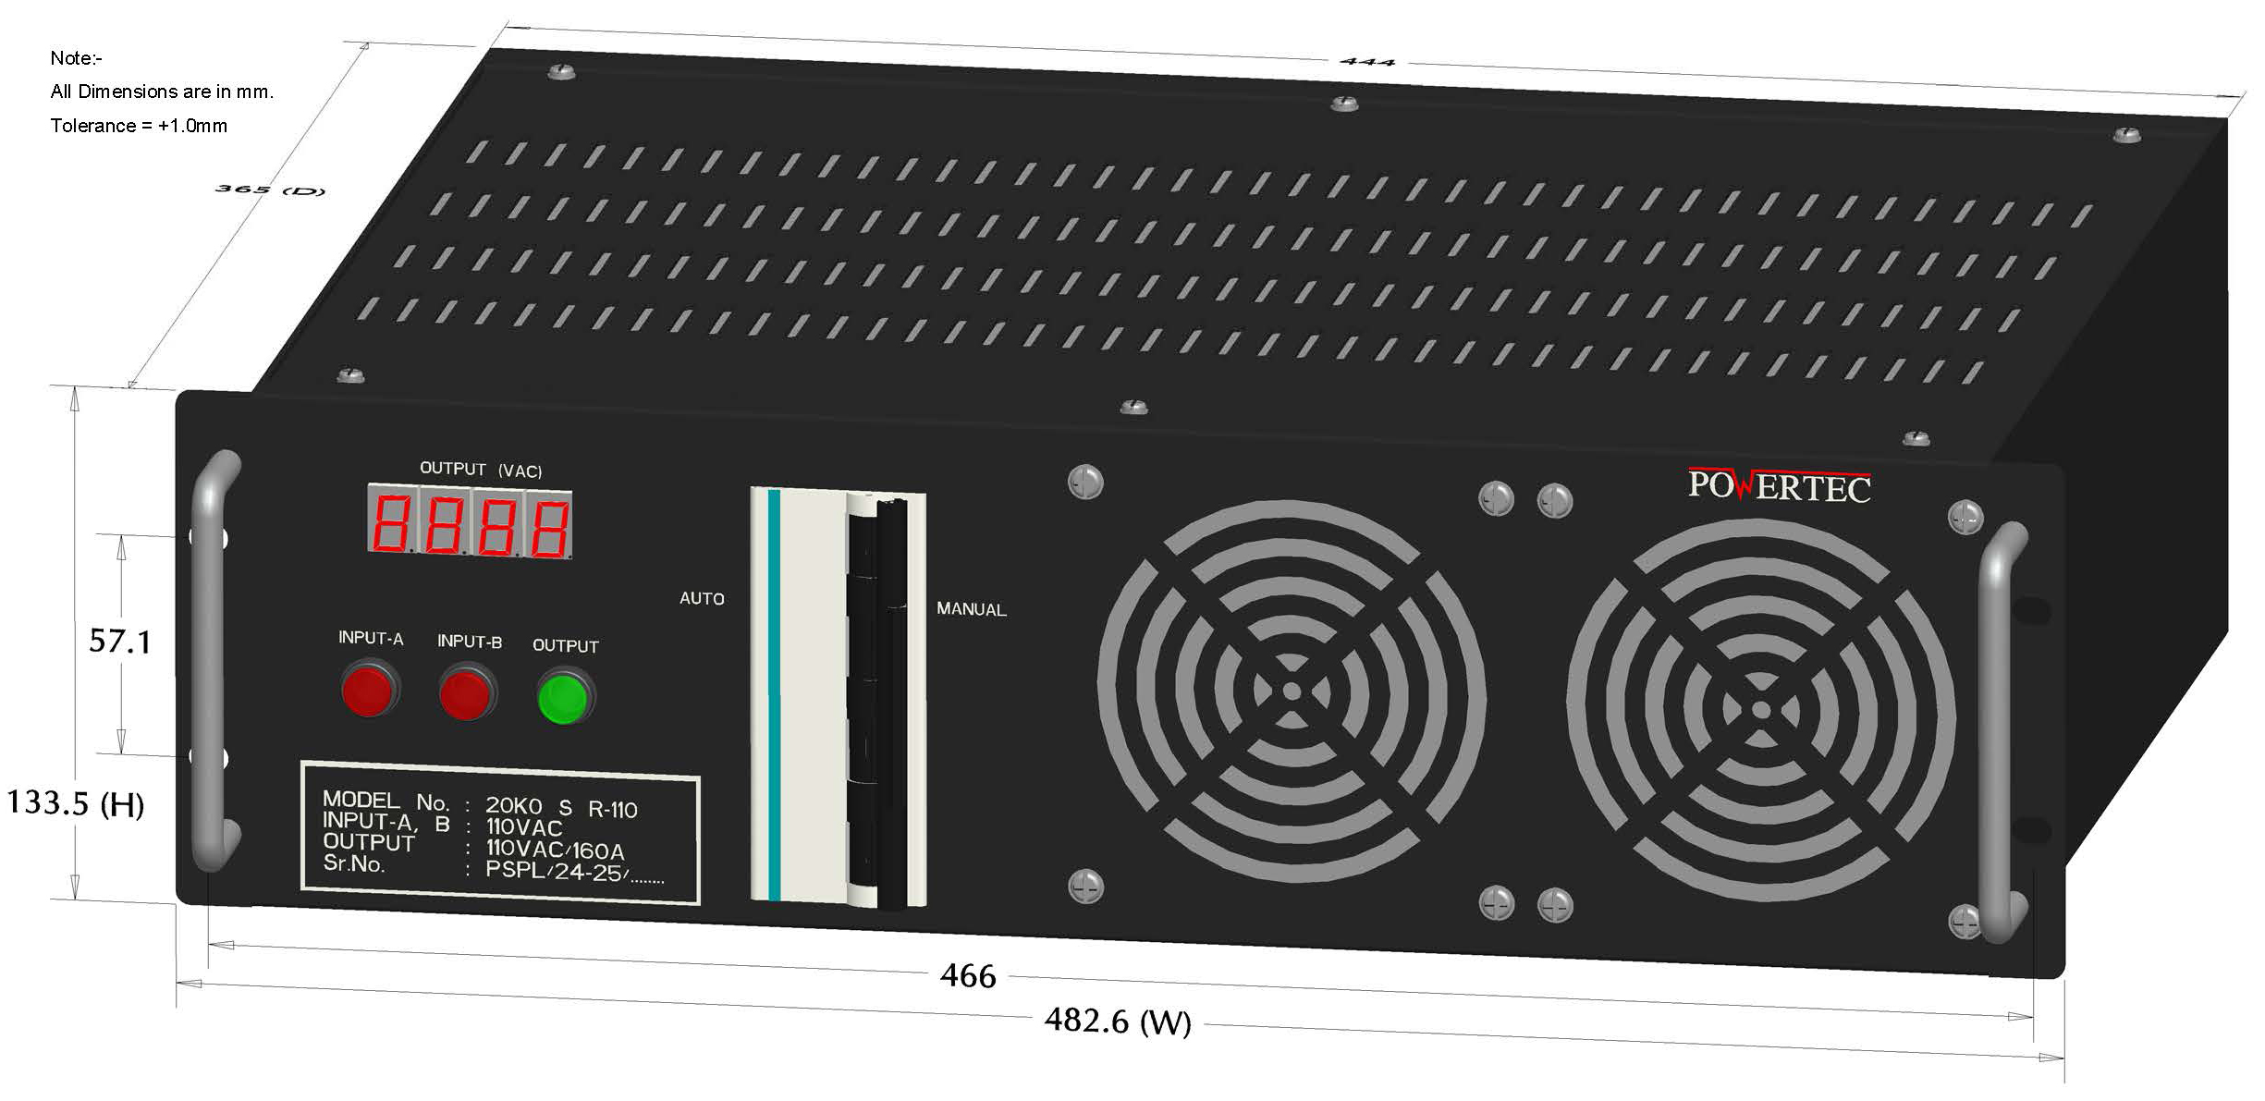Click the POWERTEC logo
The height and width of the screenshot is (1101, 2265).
(1779, 485)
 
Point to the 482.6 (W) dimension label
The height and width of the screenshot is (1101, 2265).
(1118, 1021)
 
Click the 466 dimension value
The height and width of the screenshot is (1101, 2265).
(968, 976)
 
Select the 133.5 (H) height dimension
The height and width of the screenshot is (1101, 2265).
(76, 803)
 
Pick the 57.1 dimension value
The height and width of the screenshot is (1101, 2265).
(119, 641)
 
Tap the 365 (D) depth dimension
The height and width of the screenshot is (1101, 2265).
(270, 190)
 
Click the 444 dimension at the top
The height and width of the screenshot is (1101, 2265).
(1366, 62)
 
